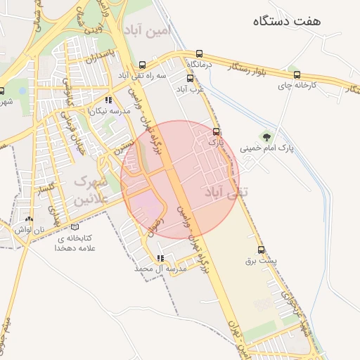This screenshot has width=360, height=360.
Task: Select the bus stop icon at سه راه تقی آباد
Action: point(143,63)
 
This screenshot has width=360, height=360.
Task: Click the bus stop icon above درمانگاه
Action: point(200,53)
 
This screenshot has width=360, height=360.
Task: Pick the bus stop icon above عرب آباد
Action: point(190,78)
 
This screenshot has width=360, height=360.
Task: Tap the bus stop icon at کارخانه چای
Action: point(296,75)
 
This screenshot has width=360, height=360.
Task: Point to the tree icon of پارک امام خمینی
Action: point(266,136)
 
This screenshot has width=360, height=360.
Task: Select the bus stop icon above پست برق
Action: point(262,250)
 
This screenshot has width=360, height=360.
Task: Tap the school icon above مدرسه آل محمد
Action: point(161,258)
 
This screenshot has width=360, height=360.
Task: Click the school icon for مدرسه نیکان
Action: point(108,101)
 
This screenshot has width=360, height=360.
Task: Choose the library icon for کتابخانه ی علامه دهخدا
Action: point(75,227)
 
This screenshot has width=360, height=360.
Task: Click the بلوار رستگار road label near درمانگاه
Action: point(250,69)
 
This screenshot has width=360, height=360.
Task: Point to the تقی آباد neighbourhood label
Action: point(221,192)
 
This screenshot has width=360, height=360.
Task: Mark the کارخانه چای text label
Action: point(316,85)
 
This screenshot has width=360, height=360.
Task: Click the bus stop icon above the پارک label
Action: point(216,131)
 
